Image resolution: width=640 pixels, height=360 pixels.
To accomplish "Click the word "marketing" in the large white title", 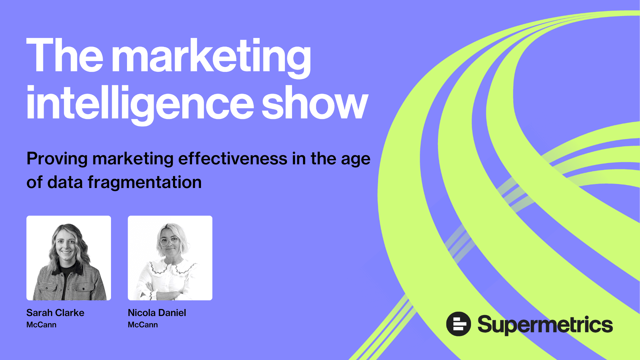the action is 211,57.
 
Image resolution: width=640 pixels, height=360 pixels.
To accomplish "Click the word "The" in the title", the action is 65,55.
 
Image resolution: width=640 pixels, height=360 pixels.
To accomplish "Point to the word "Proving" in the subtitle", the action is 57,159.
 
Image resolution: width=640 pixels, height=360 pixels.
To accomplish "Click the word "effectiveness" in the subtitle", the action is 233,159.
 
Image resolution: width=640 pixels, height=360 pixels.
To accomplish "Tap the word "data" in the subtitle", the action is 65,183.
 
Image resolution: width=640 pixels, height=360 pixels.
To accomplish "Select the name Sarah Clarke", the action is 55,313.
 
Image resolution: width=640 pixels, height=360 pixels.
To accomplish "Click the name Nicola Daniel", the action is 157,313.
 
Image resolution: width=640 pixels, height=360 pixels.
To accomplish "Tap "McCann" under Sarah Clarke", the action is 41,325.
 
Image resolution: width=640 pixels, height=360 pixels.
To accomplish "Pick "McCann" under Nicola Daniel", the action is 143,325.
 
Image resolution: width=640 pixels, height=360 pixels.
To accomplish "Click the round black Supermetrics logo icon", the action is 458,324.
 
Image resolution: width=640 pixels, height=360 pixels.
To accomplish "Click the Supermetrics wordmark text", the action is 545,325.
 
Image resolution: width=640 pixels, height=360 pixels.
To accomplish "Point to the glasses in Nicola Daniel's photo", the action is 170,241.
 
